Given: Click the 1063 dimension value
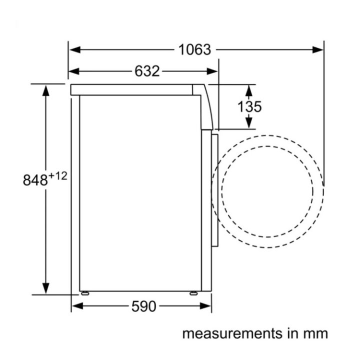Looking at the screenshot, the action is click(194, 49).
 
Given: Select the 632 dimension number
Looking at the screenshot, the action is click(147, 71).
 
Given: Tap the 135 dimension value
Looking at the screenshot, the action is click(249, 107).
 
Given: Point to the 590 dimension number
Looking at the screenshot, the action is click(143, 306).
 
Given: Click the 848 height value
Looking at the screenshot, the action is click(35, 180).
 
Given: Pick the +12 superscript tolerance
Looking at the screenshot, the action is click(57, 176).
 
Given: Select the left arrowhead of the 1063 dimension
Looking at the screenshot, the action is click(75, 49).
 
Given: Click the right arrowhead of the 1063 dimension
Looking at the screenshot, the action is click(318, 49).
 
